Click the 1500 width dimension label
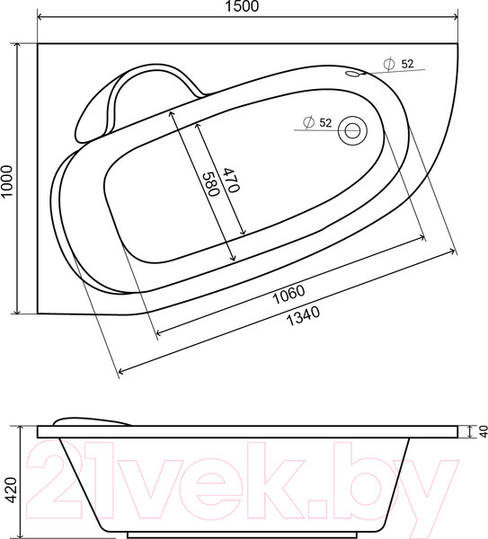(244, 8)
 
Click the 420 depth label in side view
(8, 485)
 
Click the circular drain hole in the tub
(352, 131)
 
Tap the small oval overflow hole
(353, 75)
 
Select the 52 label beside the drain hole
(324, 122)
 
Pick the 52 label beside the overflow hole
(406, 63)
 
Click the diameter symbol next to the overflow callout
(387, 63)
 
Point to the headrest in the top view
(135, 99)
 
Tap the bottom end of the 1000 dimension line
(18, 314)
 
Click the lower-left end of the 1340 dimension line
(118, 370)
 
